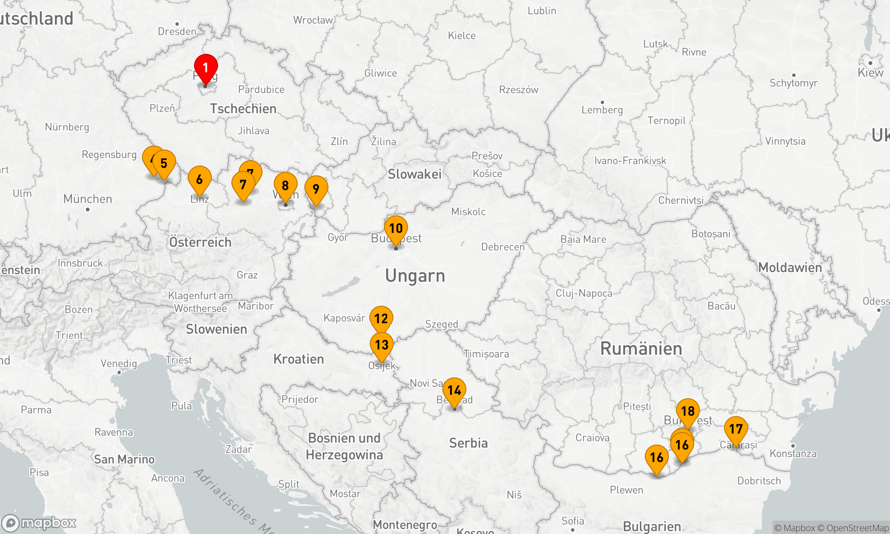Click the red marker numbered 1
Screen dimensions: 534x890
[x=206, y=68]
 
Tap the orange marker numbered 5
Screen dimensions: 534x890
[x=164, y=163]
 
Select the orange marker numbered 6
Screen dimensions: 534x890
[x=199, y=179]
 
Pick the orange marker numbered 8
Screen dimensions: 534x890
[x=285, y=186]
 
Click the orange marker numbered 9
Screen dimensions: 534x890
[x=316, y=189]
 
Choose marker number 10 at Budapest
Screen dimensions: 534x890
[x=396, y=228]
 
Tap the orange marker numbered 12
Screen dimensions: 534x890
[x=381, y=319]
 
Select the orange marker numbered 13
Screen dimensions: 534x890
[x=382, y=345]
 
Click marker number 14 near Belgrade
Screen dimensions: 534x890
[x=454, y=390]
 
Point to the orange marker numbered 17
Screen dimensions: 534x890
[x=736, y=429]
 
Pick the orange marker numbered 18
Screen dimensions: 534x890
[x=688, y=411]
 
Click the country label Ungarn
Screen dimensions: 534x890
[x=415, y=276]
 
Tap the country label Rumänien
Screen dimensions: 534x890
[x=641, y=348]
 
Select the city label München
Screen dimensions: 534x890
[x=88, y=199]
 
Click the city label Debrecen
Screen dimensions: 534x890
[x=503, y=247]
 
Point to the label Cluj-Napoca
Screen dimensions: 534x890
[x=584, y=293]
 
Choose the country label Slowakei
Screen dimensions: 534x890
[x=415, y=174]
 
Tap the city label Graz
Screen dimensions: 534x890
[x=247, y=275]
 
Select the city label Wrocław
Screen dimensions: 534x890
[x=313, y=20]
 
